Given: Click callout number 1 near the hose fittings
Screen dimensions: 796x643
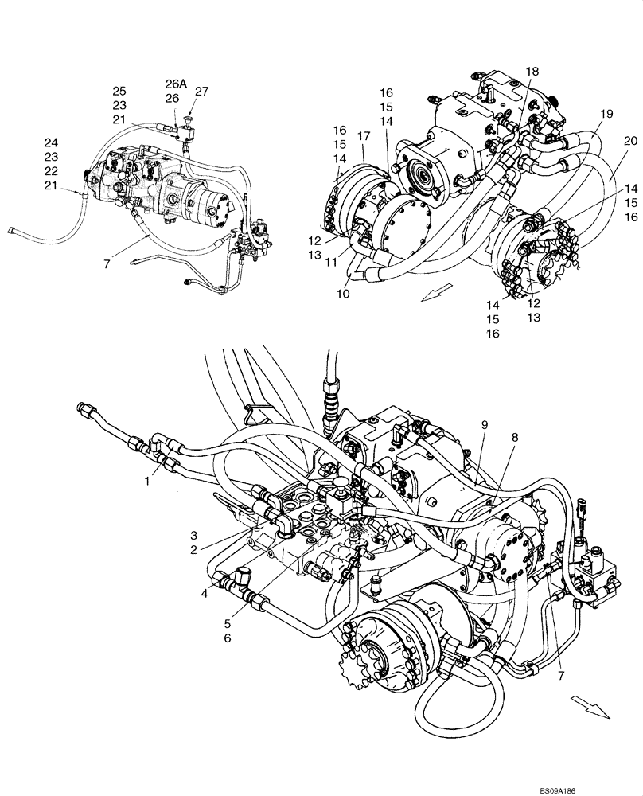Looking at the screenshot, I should click(x=146, y=482).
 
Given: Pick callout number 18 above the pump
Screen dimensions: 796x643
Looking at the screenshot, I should click(x=532, y=72).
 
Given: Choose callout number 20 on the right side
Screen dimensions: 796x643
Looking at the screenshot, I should click(x=630, y=141).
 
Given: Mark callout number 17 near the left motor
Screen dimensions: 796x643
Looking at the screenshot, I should click(x=364, y=137).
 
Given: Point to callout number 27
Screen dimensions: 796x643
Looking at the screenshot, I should click(x=201, y=91).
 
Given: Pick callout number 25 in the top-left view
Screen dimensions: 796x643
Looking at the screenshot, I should click(x=119, y=91).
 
